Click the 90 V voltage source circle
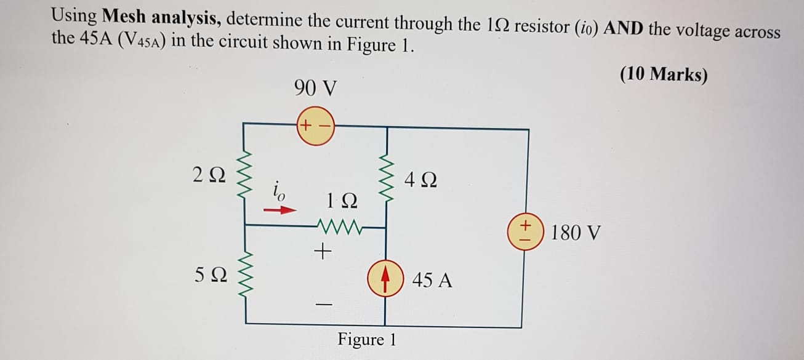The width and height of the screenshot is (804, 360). (315, 127)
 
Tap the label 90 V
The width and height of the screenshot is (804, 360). (315, 89)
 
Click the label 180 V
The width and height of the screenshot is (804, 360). (576, 233)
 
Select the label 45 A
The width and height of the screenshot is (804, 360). (432, 280)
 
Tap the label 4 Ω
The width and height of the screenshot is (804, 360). (421, 181)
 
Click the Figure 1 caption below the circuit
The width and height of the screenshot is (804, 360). (367, 339)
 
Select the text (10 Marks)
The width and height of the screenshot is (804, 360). (664, 74)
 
